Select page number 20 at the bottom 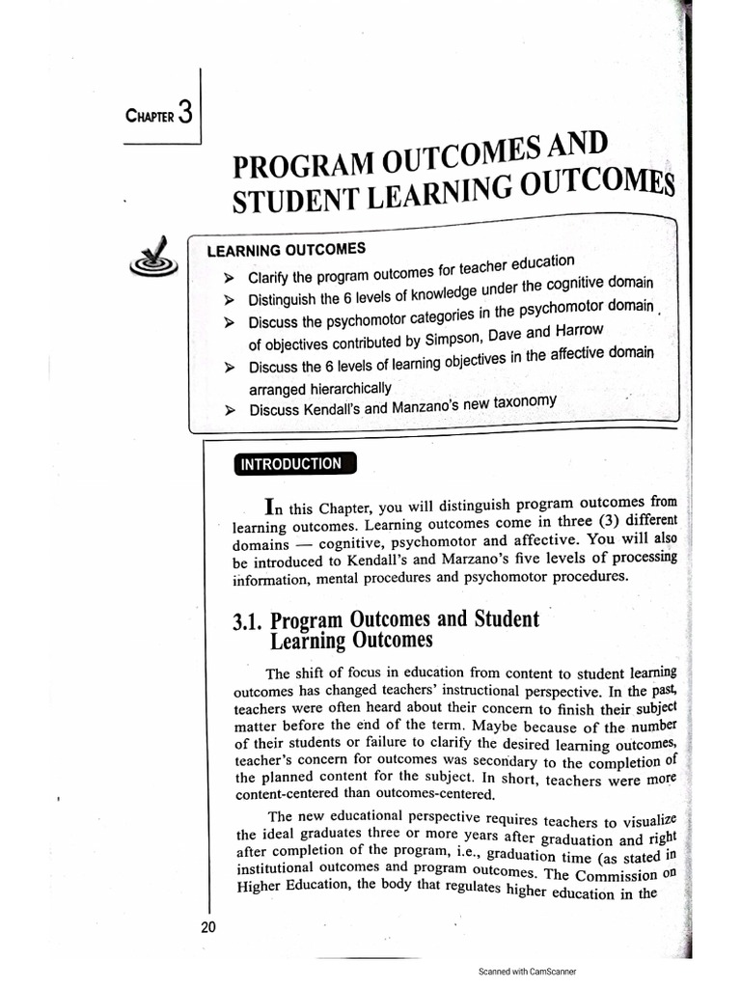point(208,928)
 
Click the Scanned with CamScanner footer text point(527,972)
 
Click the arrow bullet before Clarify point(230,277)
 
